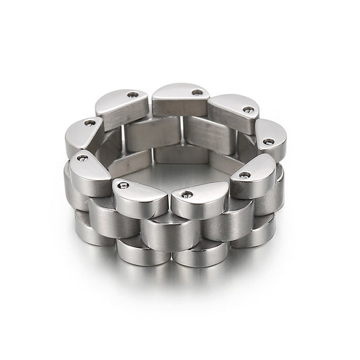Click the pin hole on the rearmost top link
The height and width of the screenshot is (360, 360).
click(197, 93)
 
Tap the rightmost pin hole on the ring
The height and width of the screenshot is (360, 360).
click(268, 142)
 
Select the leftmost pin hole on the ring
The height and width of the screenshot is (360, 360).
click(83, 158)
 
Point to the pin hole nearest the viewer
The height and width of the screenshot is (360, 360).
click(187, 195)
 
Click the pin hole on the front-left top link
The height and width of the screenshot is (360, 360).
click(122, 184)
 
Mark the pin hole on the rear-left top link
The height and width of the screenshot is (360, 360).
click(132, 95)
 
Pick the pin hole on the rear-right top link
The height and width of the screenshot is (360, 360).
click(249, 109)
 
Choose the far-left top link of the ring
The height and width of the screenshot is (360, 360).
click(84, 135)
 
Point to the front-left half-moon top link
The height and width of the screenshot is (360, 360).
click(139, 197)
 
